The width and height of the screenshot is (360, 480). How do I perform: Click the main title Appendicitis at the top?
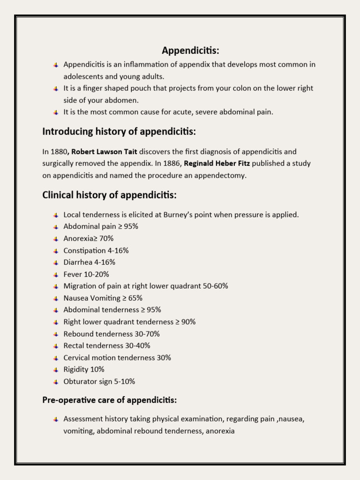click(x=190, y=50)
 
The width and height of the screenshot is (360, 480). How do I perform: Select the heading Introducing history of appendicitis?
click(x=119, y=132)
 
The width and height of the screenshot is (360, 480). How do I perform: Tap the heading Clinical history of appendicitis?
click(x=109, y=195)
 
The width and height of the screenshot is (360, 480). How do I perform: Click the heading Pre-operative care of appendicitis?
click(x=109, y=400)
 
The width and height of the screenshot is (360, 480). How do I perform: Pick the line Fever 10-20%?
click(x=86, y=274)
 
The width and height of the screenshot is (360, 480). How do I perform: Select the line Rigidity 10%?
click(x=84, y=369)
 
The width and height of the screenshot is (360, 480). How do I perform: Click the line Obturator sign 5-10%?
click(x=99, y=382)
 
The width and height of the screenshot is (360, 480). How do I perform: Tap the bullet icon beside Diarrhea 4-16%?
click(x=56, y=262)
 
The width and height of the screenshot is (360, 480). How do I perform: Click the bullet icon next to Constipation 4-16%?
click(x=56, y=251)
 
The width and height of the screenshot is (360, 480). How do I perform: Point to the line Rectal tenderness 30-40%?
click(x=107, y=345)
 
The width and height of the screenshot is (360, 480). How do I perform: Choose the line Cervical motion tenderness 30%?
click(x=117, y=358)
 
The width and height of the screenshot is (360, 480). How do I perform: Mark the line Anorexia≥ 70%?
click(x=89, y=239)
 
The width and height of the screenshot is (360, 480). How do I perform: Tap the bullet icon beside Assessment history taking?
click(x=56, y=419)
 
